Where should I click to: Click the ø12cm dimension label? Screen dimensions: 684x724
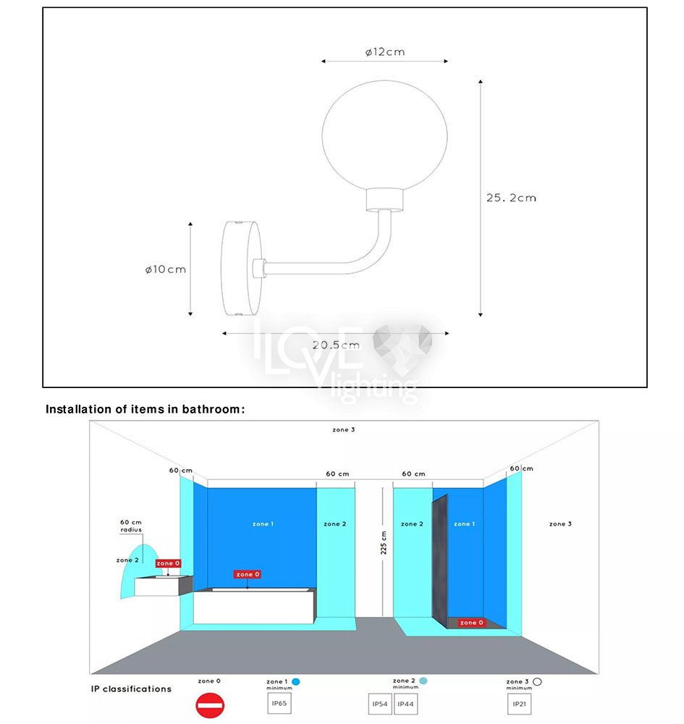(385, 51)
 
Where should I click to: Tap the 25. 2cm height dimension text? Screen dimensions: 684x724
(512, 198)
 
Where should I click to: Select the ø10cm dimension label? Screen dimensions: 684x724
(166, 269)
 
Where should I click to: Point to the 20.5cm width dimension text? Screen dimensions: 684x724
(336, 345)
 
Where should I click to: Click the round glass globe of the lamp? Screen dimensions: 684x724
(384, 135)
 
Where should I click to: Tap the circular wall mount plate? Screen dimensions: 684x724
(242, 269)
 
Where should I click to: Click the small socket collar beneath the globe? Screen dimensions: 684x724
(384, 200)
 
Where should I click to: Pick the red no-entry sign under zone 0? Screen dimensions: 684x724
(210, 705)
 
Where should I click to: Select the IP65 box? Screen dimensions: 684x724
(279, 703)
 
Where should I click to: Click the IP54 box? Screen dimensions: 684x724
(380, 704)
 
